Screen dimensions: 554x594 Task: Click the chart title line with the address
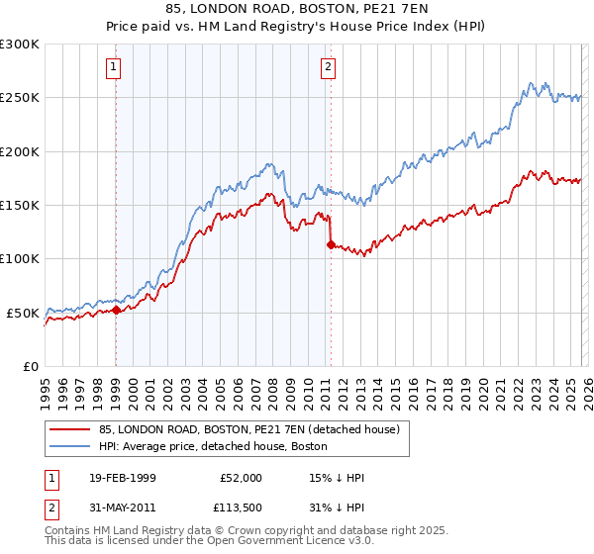(x=297, y=9)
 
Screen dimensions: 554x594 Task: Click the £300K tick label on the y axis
(x=20, y=45)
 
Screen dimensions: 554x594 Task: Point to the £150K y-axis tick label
(x=20, y=206)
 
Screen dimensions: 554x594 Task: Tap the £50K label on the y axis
(x=23, y=313)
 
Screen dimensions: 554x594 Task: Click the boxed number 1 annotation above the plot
(x=115, y=67)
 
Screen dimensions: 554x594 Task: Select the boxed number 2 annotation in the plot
(x=328, y=67)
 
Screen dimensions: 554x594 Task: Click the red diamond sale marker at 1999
(x=116, y=310)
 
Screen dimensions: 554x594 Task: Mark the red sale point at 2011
(x=331, y=244)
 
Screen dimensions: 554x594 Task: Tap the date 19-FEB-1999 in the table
(x=116, y=478)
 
